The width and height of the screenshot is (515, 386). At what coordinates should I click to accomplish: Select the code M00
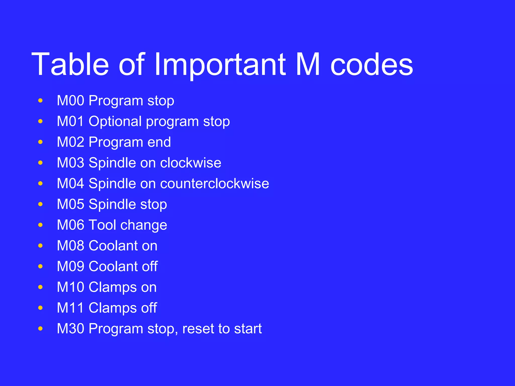[71, 101]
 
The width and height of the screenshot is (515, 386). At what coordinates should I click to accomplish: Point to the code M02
[71, 142]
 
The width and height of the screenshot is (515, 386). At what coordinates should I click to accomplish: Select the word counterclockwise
[214, 183]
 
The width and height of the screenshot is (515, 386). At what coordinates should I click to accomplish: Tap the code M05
[71, 204]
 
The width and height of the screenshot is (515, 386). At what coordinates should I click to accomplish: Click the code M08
[71, 246]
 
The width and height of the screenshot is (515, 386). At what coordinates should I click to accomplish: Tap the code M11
[71, 308]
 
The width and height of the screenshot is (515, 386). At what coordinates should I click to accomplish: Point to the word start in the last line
[248, 328]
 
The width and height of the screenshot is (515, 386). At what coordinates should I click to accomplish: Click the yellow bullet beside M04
[40, 184]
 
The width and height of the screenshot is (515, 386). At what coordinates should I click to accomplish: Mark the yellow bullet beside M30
[40, 328]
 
